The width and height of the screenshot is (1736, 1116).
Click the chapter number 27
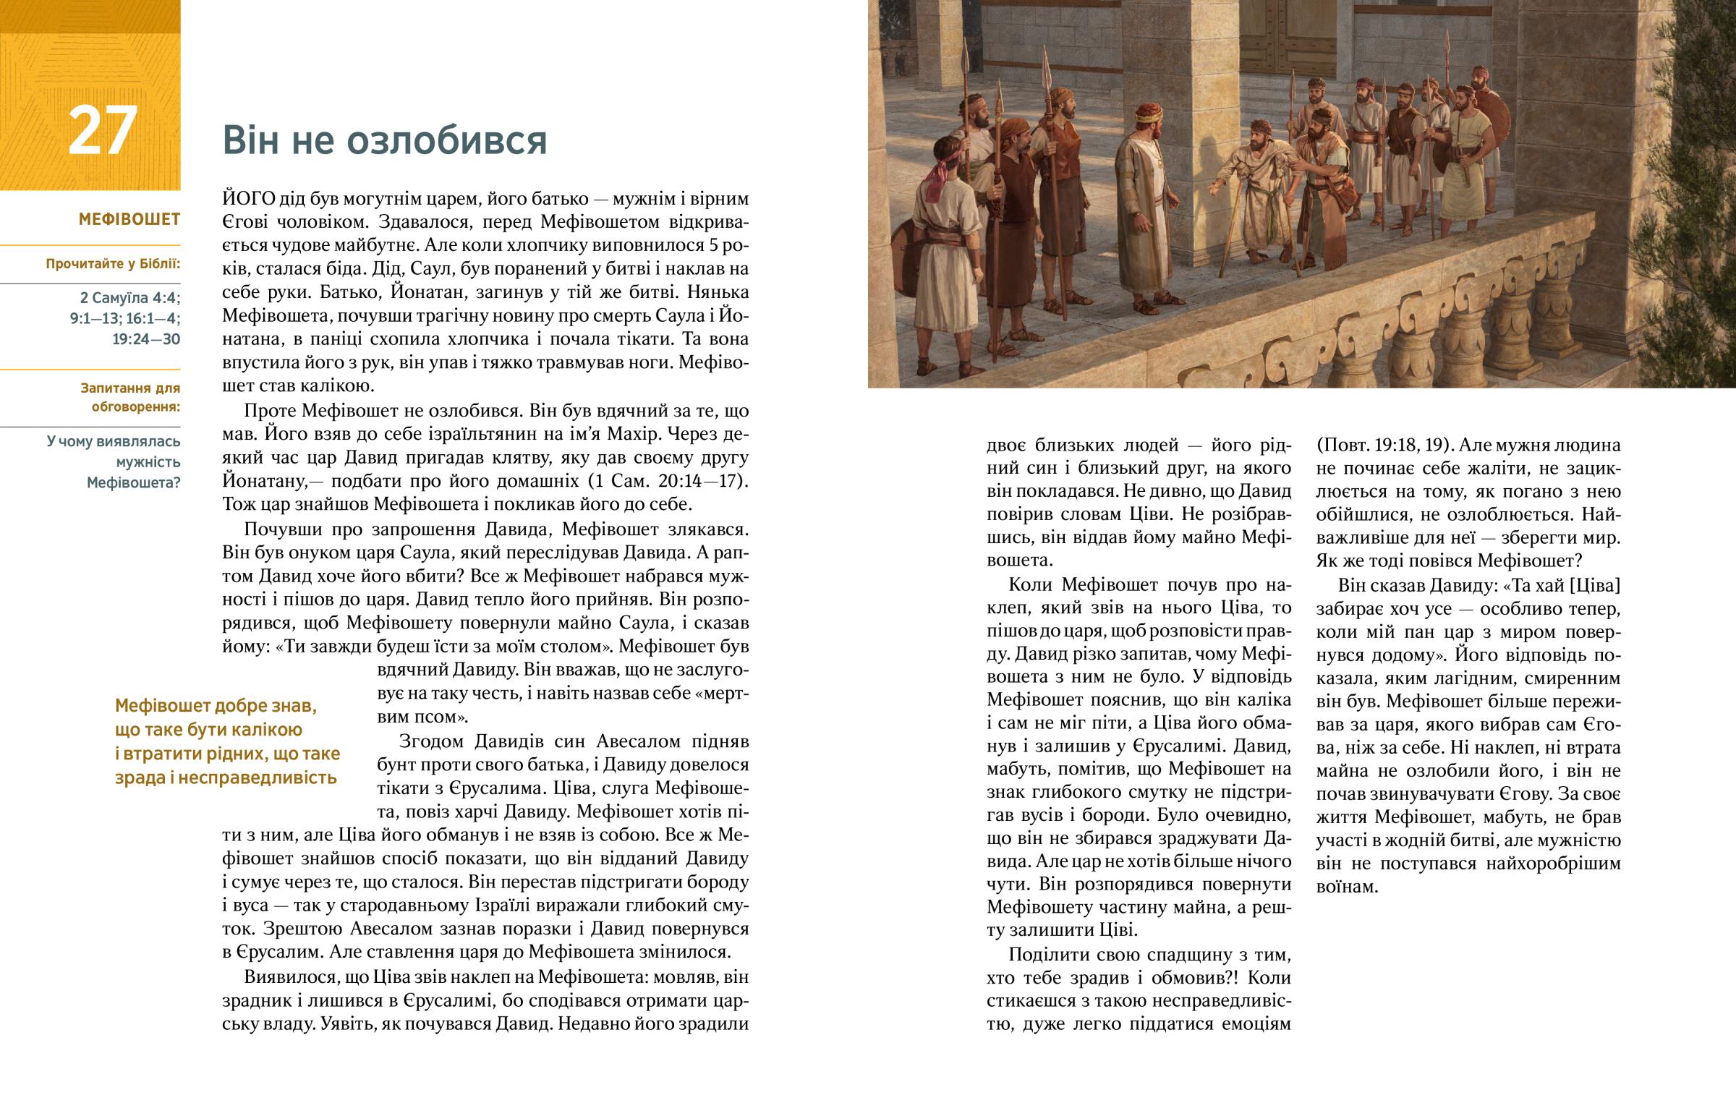pyautogui.click(x=102, y=131)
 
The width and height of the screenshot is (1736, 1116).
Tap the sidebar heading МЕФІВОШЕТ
pyautogui.click(x=129, y=220)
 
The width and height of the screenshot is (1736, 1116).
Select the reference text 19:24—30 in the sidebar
pyautogui.click(x=145, y=339)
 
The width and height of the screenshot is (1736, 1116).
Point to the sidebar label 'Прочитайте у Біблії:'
pyautogui.click(x=113, y=264)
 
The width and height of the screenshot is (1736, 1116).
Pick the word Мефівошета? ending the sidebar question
pyautogui.click(x=133, y=482)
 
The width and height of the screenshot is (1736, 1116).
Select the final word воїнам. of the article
pyautogui.click(x=1346, y=887)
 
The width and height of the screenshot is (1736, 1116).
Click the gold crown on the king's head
pyautogui.click(x=1149, y=114)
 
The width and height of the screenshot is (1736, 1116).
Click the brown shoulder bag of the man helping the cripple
pyautogui.click(x=1345, y=195)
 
